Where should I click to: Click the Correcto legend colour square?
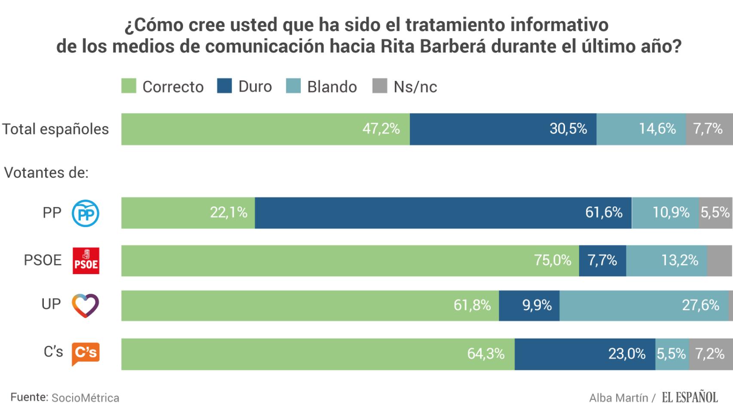129,86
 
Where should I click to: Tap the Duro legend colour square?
225,86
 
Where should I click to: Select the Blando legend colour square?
293,86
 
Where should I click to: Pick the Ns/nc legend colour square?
380,86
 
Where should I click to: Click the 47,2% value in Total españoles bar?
381,129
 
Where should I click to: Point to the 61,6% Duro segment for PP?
443,213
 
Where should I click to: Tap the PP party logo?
86,213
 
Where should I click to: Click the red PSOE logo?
86,261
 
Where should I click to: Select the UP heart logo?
86,305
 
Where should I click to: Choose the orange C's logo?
86,353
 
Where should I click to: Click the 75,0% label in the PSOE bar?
553,260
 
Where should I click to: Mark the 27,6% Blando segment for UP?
644,305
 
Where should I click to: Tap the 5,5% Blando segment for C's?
672,354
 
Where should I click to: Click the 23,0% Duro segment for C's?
585,354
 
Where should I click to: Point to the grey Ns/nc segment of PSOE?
719,261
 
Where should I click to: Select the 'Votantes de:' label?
46,173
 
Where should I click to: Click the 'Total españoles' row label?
56,129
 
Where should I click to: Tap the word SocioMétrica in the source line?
85,398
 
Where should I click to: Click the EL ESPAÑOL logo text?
690,397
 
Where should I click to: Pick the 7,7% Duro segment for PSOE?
602,260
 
